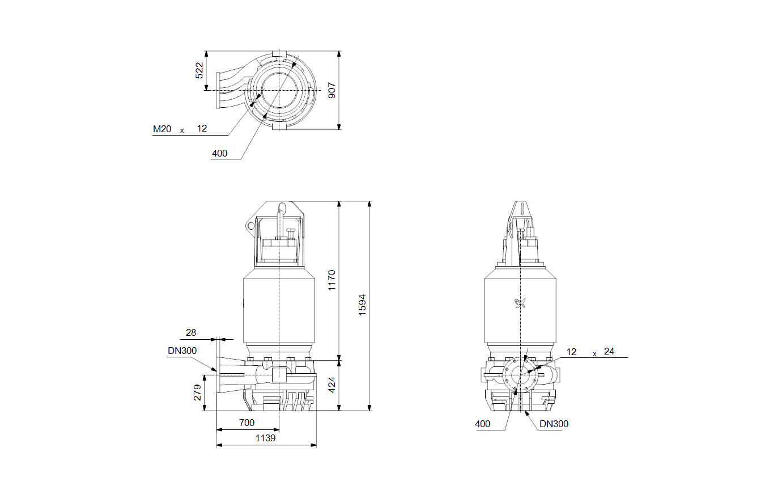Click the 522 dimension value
199,70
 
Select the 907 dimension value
331,90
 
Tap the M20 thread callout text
162,129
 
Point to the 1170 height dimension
331,280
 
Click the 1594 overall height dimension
362,305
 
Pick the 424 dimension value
331,385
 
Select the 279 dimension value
197,393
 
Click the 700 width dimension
247,423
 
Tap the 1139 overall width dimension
265,438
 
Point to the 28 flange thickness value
191,332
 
